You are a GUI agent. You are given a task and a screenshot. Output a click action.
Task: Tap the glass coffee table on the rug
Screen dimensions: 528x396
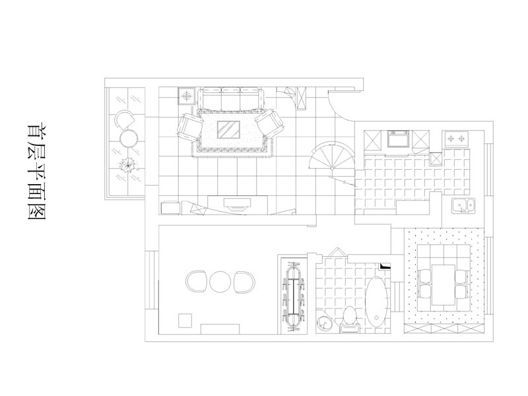click(x=228, y=129)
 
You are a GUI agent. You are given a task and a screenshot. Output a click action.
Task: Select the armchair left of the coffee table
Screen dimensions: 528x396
click(x=189, y=127)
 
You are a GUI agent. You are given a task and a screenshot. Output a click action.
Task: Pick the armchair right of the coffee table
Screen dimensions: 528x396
click(x=271, y=123)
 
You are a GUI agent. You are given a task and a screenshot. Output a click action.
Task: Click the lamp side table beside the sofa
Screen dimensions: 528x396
click(x=187, y=96)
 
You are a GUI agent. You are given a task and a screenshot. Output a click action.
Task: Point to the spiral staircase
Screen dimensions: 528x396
click(x=332, y=156)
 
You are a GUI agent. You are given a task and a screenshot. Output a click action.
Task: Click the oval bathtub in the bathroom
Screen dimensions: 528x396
click(x=377, y=300)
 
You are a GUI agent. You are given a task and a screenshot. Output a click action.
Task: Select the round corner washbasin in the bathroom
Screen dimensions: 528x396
click(x=325, y=324)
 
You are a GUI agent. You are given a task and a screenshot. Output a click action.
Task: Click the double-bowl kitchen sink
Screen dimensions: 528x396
click(x=464, y=206)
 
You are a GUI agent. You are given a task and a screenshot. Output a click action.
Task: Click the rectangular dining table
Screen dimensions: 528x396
click(x=444, y=285)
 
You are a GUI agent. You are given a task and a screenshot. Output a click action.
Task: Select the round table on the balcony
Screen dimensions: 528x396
click(x=129, y=139)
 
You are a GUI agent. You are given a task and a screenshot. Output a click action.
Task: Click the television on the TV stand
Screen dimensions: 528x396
click(x=238, y=204)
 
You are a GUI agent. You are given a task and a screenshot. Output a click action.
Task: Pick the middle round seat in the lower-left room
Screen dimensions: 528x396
click(x=220, y=282)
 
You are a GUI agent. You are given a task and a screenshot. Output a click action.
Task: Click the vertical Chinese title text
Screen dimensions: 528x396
click(x=36, y=172)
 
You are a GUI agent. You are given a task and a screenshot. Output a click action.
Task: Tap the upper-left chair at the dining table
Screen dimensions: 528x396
click(x=426, y=276)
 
